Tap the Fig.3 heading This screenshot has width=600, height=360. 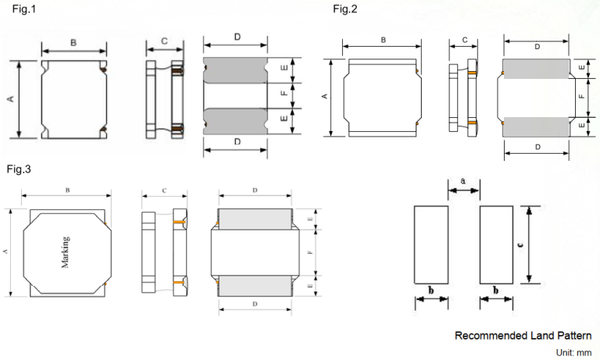coord(19,169)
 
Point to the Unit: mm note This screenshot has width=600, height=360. coord(573,353)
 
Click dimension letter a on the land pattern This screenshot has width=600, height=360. coord(462,182)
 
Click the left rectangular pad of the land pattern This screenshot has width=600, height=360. coord(430,245)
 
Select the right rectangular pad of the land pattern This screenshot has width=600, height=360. coord(495,245)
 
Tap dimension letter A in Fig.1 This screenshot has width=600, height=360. coord(10,99)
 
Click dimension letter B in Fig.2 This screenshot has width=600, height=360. coord(384,39)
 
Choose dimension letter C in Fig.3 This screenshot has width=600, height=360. coord(164,191)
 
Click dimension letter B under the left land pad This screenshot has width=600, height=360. coord(430,291)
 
